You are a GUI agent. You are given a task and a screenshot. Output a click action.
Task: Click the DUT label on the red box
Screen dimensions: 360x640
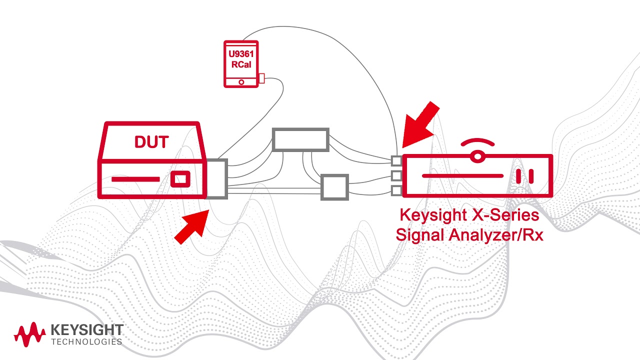click(151, 142)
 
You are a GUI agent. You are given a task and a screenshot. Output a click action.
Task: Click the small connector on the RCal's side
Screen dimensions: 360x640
click(261, 78)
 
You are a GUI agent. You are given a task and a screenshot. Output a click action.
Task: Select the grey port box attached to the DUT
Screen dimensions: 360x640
click(217, 178)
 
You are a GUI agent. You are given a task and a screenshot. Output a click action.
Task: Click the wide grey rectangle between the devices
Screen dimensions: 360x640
click(300, 139)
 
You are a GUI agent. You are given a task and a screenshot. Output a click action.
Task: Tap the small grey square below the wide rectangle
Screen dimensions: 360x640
click(334, 187)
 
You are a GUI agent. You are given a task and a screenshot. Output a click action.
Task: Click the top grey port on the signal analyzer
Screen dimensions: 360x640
click(396, 160)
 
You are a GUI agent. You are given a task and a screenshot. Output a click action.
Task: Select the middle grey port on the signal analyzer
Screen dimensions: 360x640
click(396, 175)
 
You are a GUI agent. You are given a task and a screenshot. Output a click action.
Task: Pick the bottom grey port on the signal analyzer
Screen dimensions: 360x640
click(396, 190)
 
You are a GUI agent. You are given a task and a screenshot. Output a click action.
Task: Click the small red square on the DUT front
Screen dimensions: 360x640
click(180, 179)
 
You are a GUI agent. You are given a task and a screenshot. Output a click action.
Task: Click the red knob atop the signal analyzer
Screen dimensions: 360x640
click(477, 156)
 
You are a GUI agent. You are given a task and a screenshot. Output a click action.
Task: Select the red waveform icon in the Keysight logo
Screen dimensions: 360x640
click(29, 334)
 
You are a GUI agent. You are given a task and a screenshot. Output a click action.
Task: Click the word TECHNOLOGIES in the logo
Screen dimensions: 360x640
click(87, 342)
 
